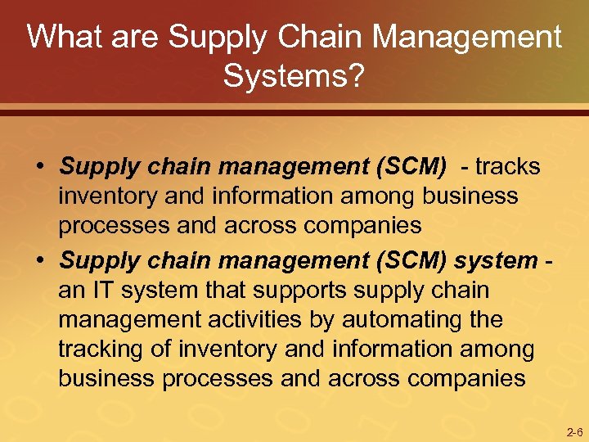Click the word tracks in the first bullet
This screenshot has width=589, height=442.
click(x=509, y=167)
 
